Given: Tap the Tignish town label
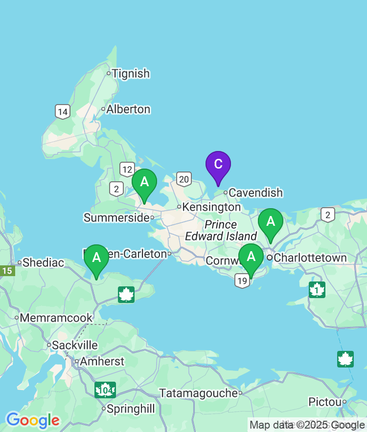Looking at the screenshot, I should click(x=130, y=74).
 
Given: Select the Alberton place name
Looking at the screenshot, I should click(x=128, y=109).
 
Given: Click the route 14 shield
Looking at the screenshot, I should click(x=62, y=112).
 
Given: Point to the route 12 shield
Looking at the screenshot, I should click(x=127, y=170).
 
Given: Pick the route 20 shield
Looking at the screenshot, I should click(x=183, y=179).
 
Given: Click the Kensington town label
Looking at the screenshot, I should click(x=211, y=207).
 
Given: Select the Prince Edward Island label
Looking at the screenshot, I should click(x=221, y=231).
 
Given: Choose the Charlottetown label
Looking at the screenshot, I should click(x=310, y=258).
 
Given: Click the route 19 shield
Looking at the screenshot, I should click(x=242, y=281).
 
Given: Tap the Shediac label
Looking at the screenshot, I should click(x=43, y=262).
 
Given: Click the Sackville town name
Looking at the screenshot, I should click(x=75, y=345).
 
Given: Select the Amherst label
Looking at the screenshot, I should click(x=102, y=362).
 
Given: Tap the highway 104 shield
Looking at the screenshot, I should click(x=105, y=390).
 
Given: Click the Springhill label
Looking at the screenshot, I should click(x=131, y=409).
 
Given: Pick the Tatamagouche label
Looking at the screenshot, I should click(x=199, y=393).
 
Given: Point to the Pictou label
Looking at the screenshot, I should click(x=324, y=402).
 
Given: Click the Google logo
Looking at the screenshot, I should click(x=33, y=420).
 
